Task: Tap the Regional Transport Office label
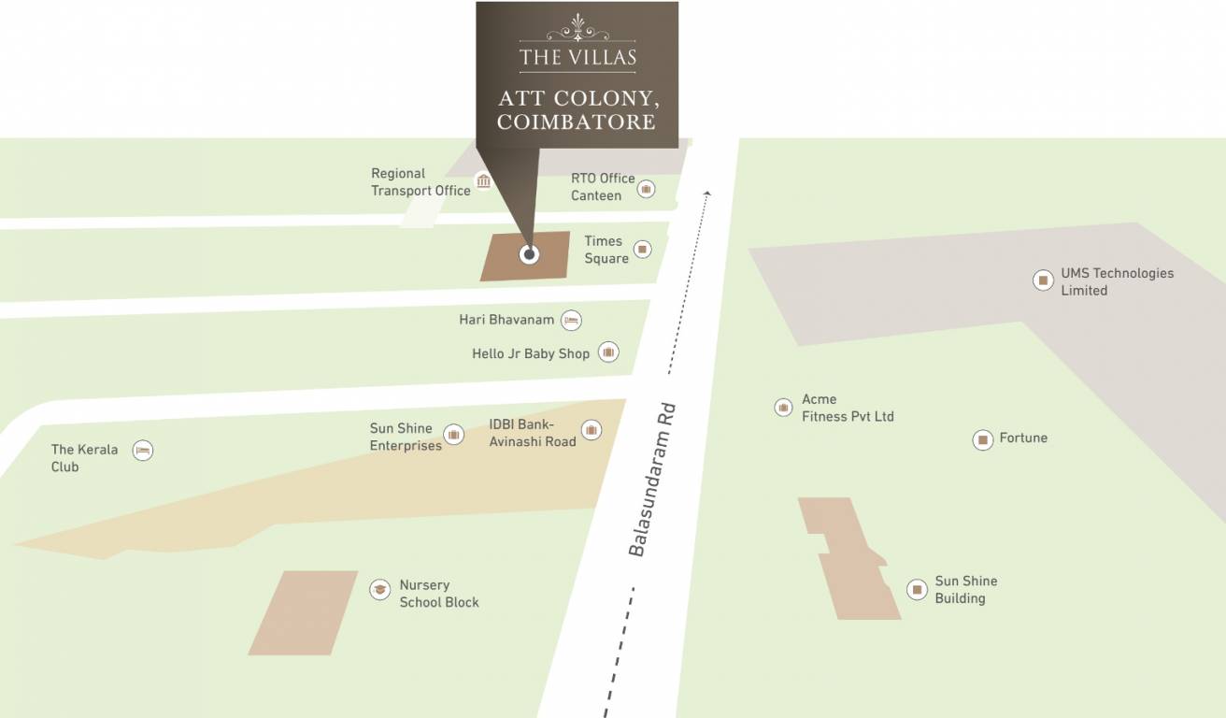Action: point(421,181)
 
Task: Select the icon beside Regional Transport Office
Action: point(483,180)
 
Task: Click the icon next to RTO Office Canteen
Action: point(646,189)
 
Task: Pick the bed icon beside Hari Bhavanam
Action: point(572,321)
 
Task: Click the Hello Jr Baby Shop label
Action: point(531,353)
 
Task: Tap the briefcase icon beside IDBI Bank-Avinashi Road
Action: point(591,430)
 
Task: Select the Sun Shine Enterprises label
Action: point(406,437)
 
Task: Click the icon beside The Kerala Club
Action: point(142,451)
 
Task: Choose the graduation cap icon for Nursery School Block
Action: point(379,589)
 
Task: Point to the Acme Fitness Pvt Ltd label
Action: point(848,408)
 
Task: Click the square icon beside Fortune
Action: point(982,439)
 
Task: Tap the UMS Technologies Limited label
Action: point(1117,281)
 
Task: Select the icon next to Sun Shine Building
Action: point(917,590)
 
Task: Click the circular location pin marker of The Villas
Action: point(529,254)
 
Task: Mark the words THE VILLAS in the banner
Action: point(577,57)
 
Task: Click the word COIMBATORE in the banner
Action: point(577,122)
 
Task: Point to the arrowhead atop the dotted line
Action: point(707,194)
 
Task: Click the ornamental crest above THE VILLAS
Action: point(577,28)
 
